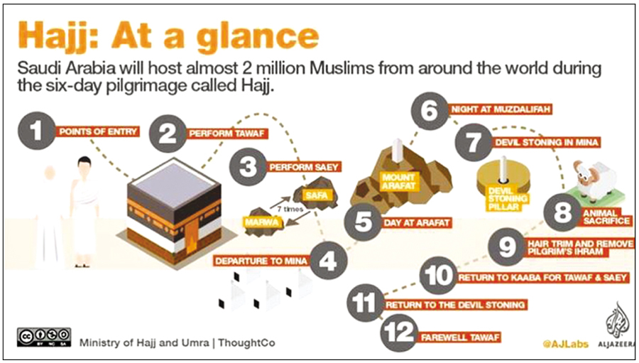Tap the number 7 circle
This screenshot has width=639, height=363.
tap(473, 142)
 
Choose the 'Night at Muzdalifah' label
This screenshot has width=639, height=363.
tap(501, 110)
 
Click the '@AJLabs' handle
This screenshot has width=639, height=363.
tap(564, 344)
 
